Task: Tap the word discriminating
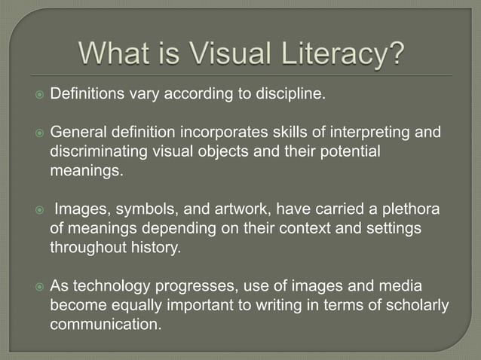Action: (95, 152)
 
